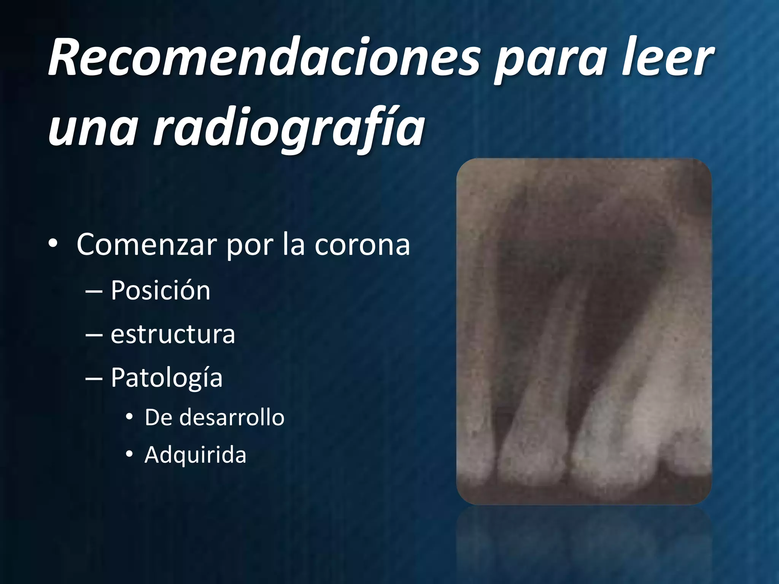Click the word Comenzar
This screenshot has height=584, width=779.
click(x=146, y=244)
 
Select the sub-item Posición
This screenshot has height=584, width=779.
click(x=160, y=290)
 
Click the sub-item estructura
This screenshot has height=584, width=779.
click(x=173, y=334)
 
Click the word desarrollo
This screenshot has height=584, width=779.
click(x=232, y=417)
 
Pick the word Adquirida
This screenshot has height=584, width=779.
click(x=195, y=455)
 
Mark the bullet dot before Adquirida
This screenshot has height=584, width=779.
click(x=129, y=454)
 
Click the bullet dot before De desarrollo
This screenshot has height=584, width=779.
click(x=129, y=417)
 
